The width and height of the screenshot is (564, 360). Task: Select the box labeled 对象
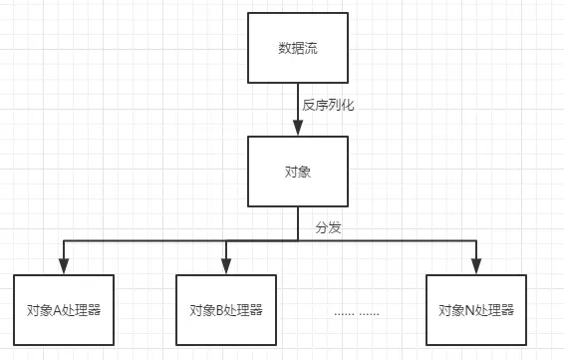click(x=297, y=172)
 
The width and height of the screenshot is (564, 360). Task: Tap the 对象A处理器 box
click(x=64, y=310)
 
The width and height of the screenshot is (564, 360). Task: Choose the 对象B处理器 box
click(x=226, y=310)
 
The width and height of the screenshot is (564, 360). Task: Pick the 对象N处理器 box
click(x=476, y=310)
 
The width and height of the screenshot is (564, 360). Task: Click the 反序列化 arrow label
click(x=328, y=104)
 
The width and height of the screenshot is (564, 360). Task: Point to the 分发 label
click(x=328, y=227)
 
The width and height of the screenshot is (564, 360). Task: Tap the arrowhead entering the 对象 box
click(x=297, y=128)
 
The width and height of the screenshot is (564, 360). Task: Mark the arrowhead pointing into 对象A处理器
click(x=64, y=266)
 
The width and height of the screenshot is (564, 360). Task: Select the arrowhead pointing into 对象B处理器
click(x=226, y=266)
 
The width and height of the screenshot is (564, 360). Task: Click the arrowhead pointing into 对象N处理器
click(x=476, y=266)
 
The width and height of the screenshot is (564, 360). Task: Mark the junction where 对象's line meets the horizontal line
click(x=297, y=240)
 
